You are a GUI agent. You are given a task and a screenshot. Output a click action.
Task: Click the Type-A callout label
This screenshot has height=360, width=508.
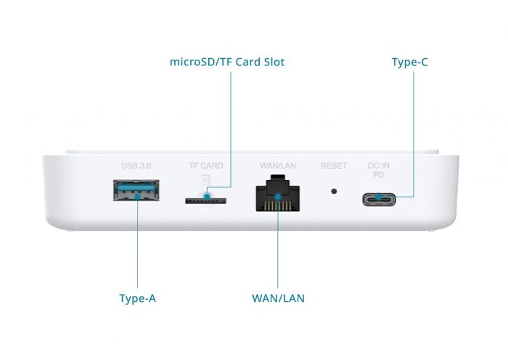137,298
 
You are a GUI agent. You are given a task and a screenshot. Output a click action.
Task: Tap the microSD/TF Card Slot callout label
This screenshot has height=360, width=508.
227,62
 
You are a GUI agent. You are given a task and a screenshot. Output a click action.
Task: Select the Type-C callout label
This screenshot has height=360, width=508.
409,62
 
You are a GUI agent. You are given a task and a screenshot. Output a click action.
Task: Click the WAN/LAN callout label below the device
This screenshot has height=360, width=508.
278,298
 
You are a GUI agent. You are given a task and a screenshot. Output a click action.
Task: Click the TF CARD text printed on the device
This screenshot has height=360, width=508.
206,166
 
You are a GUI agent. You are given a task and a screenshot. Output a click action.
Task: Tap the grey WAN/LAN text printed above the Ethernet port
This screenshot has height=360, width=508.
278,166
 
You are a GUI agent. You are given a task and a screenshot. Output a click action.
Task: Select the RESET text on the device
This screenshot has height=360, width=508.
334,166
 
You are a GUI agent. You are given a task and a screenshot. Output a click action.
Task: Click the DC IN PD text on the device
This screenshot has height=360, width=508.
379,171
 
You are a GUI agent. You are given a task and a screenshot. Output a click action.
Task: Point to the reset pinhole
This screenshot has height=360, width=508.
334,192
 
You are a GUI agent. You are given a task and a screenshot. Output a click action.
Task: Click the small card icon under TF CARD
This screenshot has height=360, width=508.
205,179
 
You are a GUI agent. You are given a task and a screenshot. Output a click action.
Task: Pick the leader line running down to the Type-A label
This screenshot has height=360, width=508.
137,247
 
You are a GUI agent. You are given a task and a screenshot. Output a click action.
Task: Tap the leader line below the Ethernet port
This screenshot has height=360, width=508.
278,254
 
